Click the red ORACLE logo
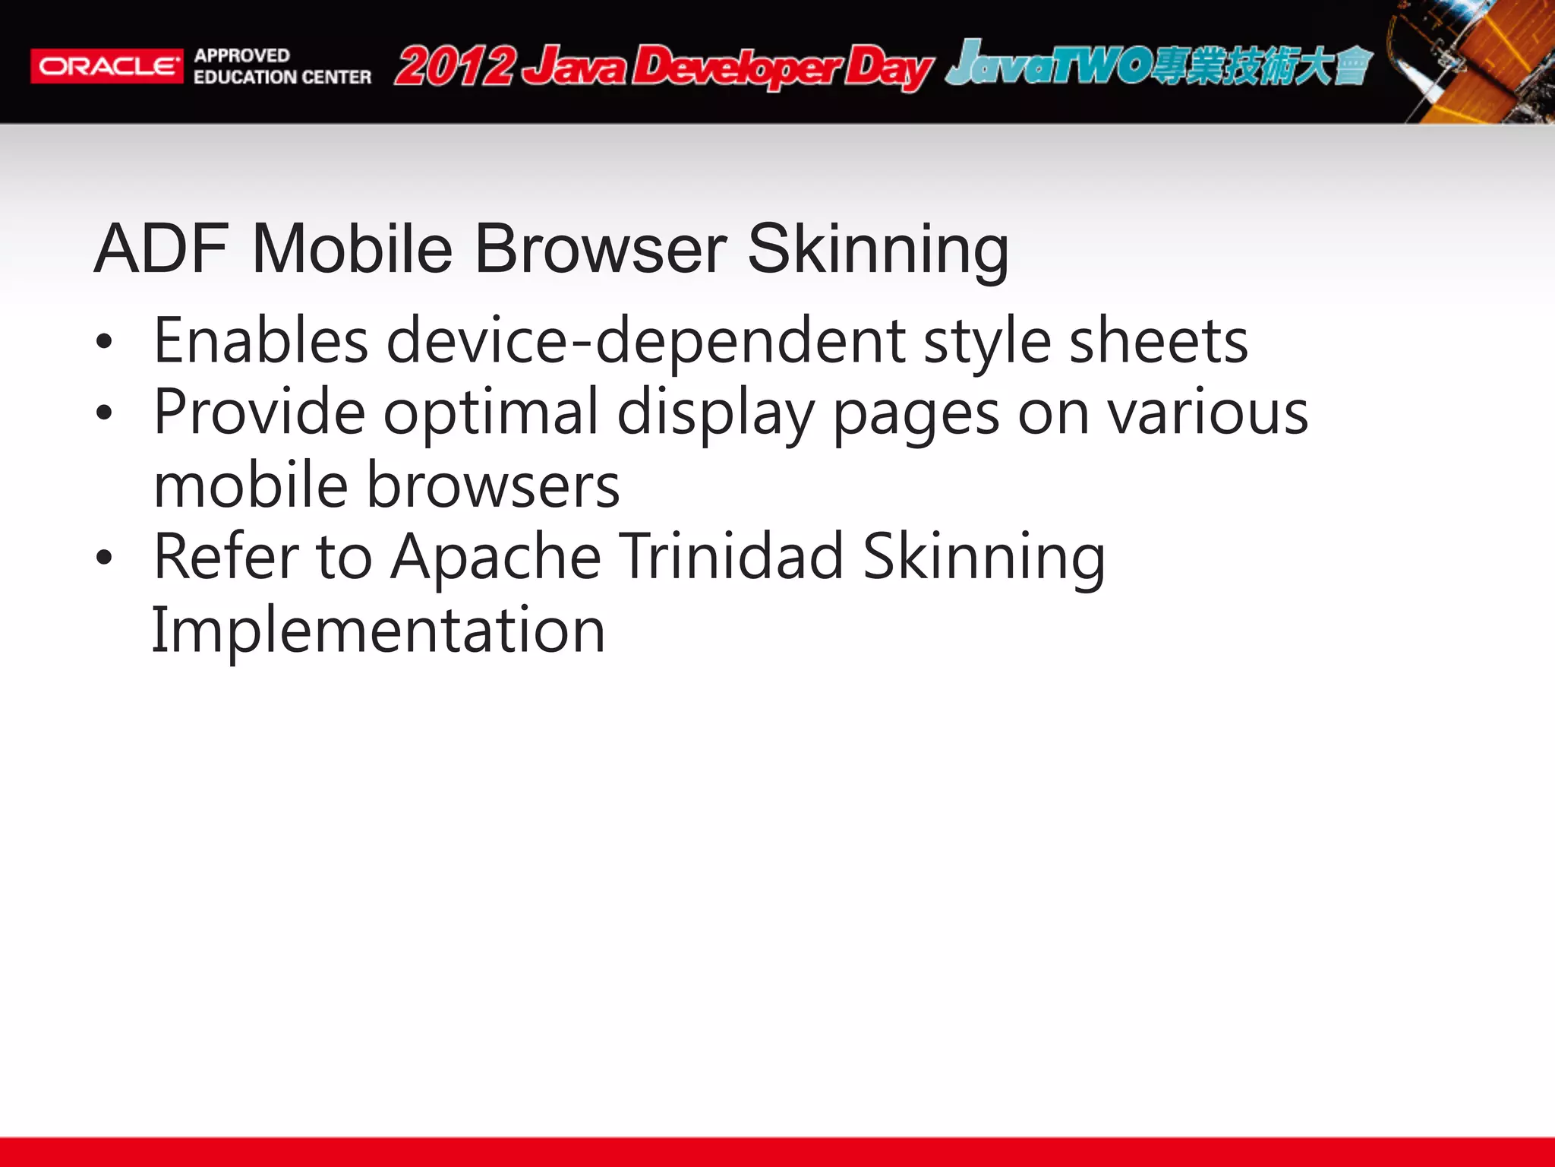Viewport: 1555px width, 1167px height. tap(106, 66)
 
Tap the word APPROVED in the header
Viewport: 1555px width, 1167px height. tap(241, 55)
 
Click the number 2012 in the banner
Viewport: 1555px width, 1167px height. tap(455, 66)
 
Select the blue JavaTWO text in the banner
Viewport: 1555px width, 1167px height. tap(1048, 65)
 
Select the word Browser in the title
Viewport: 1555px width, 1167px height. tap(601, 249)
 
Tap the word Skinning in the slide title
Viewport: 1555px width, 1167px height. tap(878, 249)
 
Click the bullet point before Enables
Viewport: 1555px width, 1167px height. tap(104, 343)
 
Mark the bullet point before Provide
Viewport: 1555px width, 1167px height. tap(104, 414)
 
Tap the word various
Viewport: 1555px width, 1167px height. tap(1207, 413)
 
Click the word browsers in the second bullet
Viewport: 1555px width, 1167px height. tap(494, 485)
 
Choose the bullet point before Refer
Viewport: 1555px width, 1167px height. tap(104, 558)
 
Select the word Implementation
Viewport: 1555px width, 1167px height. tap(378, 630)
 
